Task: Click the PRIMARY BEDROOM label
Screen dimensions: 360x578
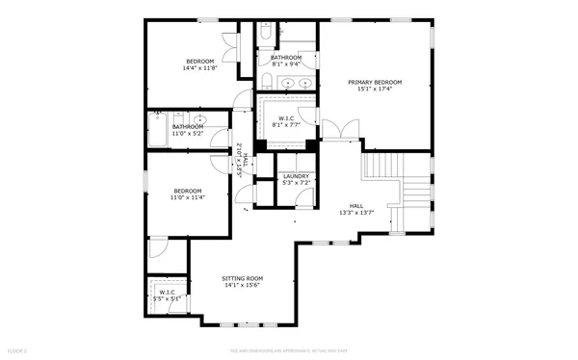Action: point(375,83)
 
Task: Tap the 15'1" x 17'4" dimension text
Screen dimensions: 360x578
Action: point(375,90)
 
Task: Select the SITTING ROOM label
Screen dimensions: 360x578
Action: point(243,278)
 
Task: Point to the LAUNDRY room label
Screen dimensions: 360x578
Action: point(296,176)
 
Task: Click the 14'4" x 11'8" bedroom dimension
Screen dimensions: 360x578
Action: point(200,68)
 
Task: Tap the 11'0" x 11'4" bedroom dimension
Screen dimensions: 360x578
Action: point(188,197)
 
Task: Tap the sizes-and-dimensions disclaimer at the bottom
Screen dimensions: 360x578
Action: point(289,349)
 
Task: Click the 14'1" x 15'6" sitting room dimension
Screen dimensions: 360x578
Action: point(243,286)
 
